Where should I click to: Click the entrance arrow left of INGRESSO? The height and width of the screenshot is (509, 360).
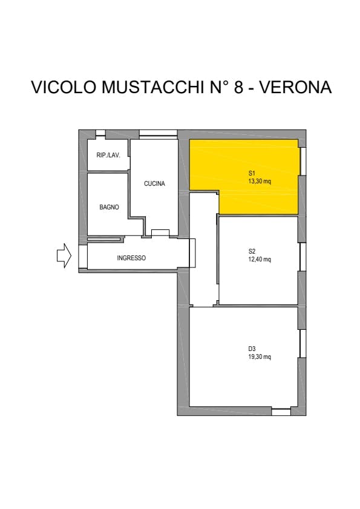[x=64, y=256]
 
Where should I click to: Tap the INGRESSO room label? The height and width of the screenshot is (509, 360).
[x=131, y=258]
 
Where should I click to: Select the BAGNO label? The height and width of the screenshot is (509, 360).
[x=109, y=207]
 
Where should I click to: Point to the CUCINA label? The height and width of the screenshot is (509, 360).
[x=154, y=183]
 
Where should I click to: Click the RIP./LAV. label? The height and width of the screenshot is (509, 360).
[x=108, y=155]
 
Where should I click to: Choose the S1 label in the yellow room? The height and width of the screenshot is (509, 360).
[x=252, y=173]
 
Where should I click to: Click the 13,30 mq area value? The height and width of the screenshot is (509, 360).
[x=260, y=181]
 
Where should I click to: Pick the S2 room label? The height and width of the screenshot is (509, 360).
[x=252, y=251]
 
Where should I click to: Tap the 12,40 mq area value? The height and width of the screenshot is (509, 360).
[x=260, y=259]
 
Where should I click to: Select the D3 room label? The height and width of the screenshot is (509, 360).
[x=252, y=349]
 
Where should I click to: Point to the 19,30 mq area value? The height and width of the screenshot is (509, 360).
[x=260, y=356]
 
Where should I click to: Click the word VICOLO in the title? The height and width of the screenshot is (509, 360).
[x=64, y=87]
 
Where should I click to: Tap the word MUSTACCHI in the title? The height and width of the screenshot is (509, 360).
[x=153, y=87]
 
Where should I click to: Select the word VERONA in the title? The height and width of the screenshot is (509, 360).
[x=296, y=87]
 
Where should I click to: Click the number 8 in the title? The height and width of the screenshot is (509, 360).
[x=238, y=87]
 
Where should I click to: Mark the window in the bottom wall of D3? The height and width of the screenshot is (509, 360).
[x=281, y=412]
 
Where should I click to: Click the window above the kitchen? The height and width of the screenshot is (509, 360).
[x=158, y=134]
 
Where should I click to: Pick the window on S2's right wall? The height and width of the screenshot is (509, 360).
[x=303, y=257]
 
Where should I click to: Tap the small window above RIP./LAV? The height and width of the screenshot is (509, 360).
[x=100, y=133]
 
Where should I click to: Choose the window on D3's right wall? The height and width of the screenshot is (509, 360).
[x=303, y=343]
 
